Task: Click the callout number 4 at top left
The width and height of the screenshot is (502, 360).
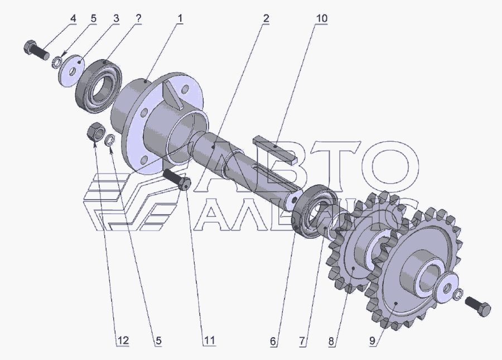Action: coord(73,18)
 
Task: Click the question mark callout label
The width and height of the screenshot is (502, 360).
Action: coord(138,18)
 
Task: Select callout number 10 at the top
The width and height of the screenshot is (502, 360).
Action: coord(321,18)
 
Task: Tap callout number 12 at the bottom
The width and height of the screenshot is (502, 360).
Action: coord(123,340)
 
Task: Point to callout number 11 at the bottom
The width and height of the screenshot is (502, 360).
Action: coord(209,340)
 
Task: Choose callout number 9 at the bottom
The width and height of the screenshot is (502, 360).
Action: coord(373,340)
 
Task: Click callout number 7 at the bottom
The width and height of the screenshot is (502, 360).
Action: coord(302,340)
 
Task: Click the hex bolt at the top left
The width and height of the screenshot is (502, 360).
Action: coord(36,51)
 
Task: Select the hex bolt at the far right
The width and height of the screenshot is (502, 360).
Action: coord(477,306)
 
